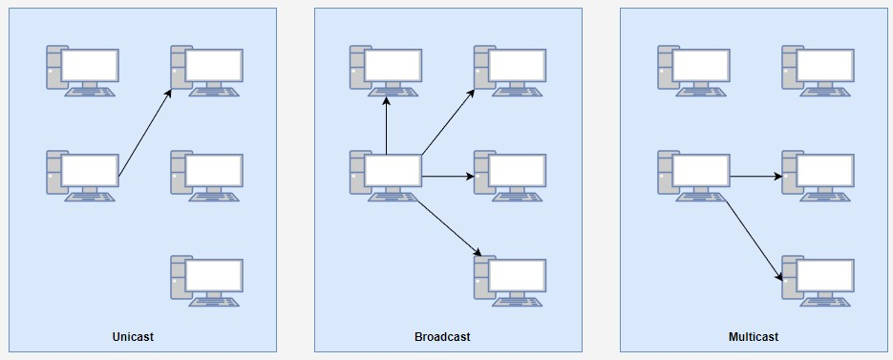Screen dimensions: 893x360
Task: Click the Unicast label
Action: (x=133, y=337)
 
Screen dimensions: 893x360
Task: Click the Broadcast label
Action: (x=442, y=337)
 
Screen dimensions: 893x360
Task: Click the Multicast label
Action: (x=754, y=337)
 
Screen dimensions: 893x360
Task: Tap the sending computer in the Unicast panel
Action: (x=82, y=176)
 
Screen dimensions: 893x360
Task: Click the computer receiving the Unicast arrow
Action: (x=206, y=72)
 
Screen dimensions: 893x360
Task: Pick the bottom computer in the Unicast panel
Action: (x=206, y=282)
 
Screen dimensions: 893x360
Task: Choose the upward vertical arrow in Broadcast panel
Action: (x=386, y=125)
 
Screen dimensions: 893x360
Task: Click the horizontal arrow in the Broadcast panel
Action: (x=448, y=177)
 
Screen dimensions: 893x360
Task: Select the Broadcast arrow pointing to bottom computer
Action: (x=450, y=228)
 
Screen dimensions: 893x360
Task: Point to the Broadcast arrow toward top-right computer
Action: (x=448, y=122)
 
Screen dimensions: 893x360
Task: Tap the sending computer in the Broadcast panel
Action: (x=386, y=176)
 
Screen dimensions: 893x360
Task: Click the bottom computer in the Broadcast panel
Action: (x=510, y=282)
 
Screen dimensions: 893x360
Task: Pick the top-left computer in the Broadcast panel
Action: (x=386, y=72)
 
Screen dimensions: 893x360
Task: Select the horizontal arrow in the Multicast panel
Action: (x=756, y=177)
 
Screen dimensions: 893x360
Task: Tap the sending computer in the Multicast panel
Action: (x=693, y=176)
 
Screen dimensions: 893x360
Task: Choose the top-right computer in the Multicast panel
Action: (x=818, y=72)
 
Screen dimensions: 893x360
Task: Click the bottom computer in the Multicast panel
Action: (x=818, y=282)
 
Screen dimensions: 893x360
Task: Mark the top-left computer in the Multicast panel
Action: (x=693, y=72)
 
